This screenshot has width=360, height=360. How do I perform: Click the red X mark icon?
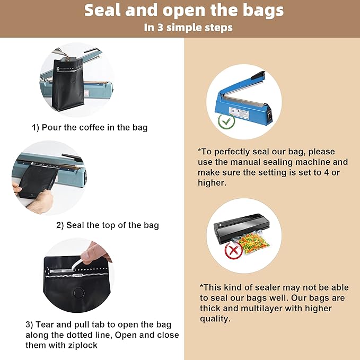tap(232, 250)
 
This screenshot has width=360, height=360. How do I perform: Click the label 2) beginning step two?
tap(60, 225)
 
